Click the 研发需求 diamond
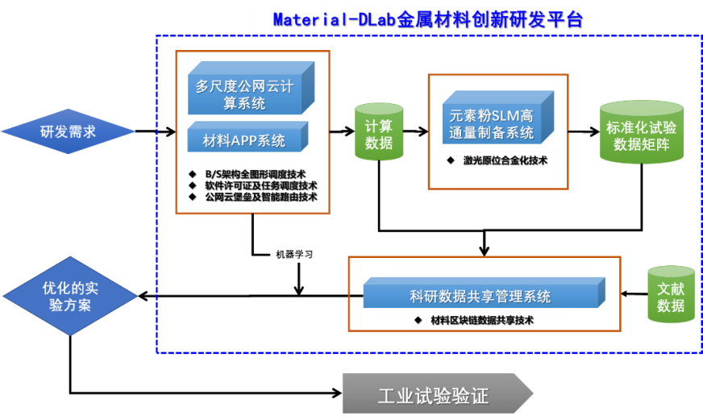(x=68, y=131)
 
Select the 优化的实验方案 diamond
(x=68, y=296)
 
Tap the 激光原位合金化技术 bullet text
(x=505, y=160)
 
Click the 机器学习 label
(x=293, y=255)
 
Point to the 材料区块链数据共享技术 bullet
(x=481, y=320)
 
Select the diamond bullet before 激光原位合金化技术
(x=451, y=160)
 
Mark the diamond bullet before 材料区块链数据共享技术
(x=418, y=320)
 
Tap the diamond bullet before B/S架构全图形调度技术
(x=193, y=173)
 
